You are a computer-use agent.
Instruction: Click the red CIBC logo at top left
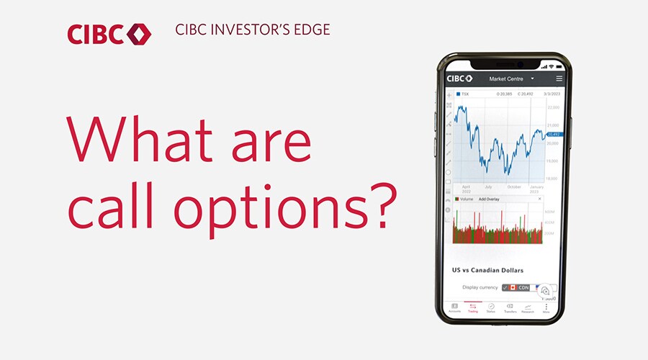(x=109, y=33)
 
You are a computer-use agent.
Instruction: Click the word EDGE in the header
(x=314, y=31)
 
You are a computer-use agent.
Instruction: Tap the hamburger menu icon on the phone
(x=559, y=78)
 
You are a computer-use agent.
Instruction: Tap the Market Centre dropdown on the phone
(x=511, y=78)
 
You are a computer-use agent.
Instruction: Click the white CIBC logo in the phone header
(x=459, y=78)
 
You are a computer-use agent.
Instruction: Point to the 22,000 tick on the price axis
(x=553, y=107)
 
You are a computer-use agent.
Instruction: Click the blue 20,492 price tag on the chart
(x=553, y=134)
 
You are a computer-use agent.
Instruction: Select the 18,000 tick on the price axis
(x=553, y=179)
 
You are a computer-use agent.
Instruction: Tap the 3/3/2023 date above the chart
(x=552, y=94)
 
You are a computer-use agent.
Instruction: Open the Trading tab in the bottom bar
(x=472, y=308)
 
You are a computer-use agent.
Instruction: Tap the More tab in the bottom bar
(x=546, y=308)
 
